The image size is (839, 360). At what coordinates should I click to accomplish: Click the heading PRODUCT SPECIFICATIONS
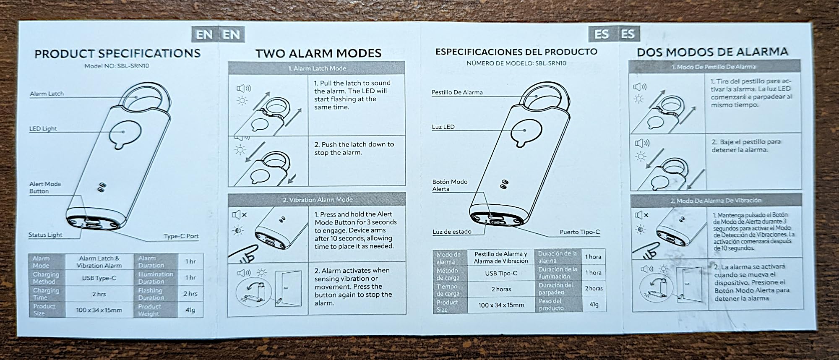(117, 54)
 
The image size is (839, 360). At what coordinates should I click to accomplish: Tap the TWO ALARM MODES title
(318, 54)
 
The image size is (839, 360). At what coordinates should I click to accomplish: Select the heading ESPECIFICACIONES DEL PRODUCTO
(516, 52)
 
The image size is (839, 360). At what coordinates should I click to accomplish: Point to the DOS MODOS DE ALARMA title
(712, 52)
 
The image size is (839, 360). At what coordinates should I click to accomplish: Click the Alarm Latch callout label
(47, 94)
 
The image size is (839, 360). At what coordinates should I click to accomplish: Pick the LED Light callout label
(43, 129)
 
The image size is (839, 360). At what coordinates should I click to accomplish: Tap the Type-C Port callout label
(181, 236)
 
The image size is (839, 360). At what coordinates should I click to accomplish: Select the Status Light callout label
(45, 235)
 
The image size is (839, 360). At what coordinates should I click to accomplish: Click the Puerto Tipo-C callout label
(579, 232)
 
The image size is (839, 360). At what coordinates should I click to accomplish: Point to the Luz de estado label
(452, 232)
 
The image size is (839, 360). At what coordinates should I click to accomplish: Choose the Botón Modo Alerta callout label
(450, 185)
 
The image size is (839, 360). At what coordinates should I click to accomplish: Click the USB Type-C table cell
(99, 278)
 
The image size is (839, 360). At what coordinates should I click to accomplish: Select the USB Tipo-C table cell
(501, 273)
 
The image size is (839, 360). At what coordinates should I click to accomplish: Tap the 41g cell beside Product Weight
(190, 310)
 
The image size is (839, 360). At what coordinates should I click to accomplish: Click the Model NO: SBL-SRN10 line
(117, 66)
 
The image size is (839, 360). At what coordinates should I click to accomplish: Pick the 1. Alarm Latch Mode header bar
(317, 68)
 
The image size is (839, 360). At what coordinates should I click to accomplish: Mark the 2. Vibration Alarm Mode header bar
(317, 200)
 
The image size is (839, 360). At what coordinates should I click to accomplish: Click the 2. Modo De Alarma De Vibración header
(715, 201)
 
